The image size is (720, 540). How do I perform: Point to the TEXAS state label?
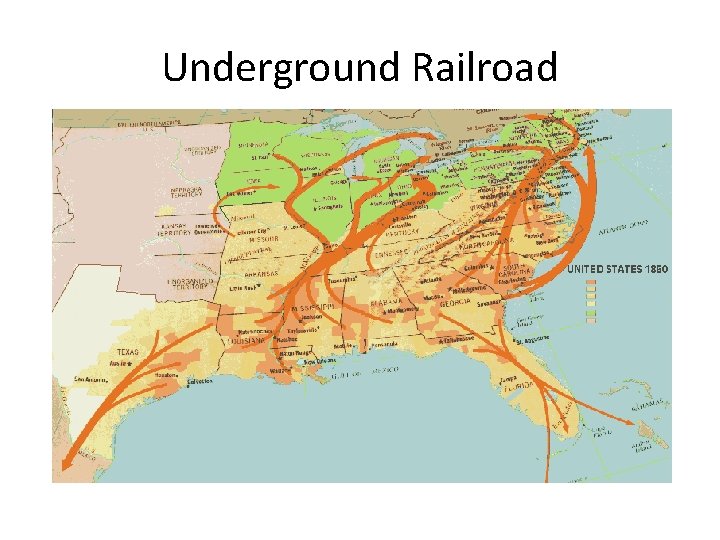coord(129,353)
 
